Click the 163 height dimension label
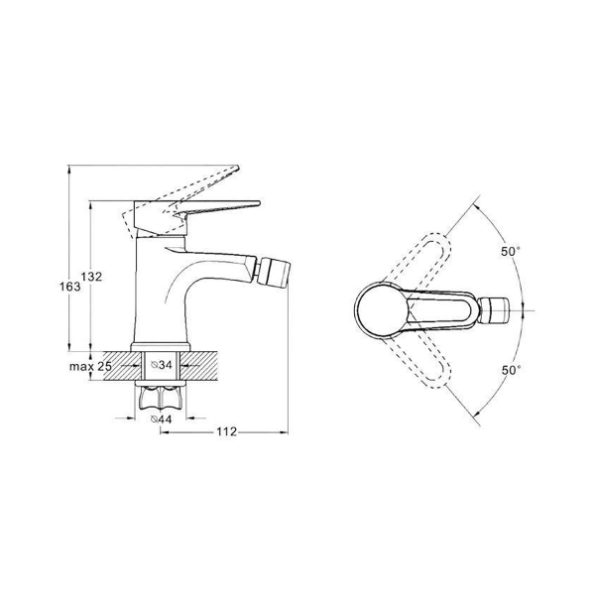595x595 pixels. point(70,287)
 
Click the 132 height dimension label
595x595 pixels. point(91,277)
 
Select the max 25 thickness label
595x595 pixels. point(90,367)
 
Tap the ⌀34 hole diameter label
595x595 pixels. point(162,365)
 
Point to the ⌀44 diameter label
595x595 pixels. point(162,419)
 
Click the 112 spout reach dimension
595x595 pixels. point(226,431)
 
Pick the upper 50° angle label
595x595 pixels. point(511,251)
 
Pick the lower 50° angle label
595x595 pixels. point(511,370)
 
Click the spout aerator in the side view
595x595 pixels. point(274,271)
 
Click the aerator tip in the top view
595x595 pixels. point(494,310)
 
